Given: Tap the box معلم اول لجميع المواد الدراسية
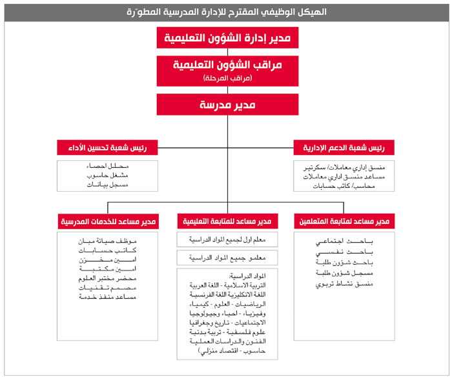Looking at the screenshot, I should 225,240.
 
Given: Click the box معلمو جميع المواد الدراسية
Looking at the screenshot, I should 225,258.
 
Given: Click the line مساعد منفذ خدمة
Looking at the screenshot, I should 107,296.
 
